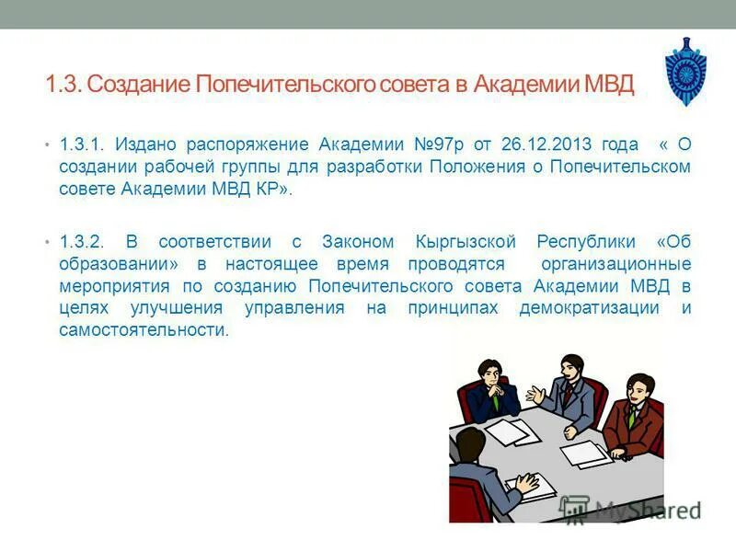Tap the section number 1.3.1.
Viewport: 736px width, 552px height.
click(86, 145)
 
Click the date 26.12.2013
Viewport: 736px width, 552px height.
click(548, 145)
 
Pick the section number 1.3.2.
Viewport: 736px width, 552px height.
click(86, 242)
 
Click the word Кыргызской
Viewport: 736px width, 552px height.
click(466, 242)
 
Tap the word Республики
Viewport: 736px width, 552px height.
click(586, 242)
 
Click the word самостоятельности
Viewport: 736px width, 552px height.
click(143, 330)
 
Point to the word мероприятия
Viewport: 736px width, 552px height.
click(111, 286)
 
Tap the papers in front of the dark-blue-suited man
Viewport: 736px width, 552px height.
click(508, 430)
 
